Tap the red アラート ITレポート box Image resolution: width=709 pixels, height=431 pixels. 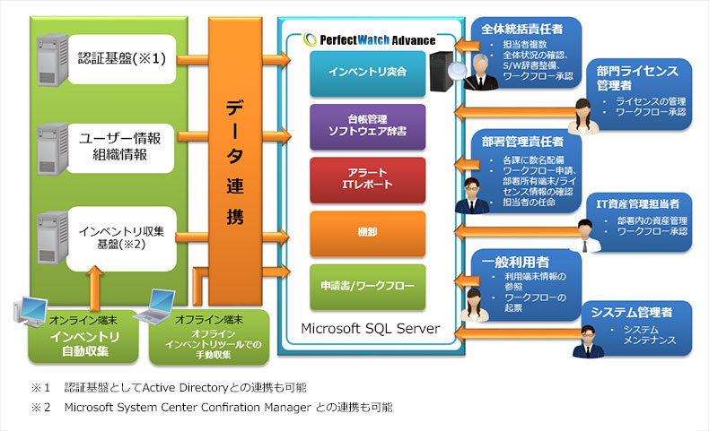(x=368, y=179)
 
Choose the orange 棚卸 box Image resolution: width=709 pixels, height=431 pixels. (x=368, y=233)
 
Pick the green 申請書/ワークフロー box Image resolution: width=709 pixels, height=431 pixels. (x=368, y=287)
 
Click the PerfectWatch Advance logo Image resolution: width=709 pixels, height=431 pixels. (x=370, y=39)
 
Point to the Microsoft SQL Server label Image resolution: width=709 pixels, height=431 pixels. (x=371, y=329)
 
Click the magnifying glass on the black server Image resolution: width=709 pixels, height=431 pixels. (x=459, y=69)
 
